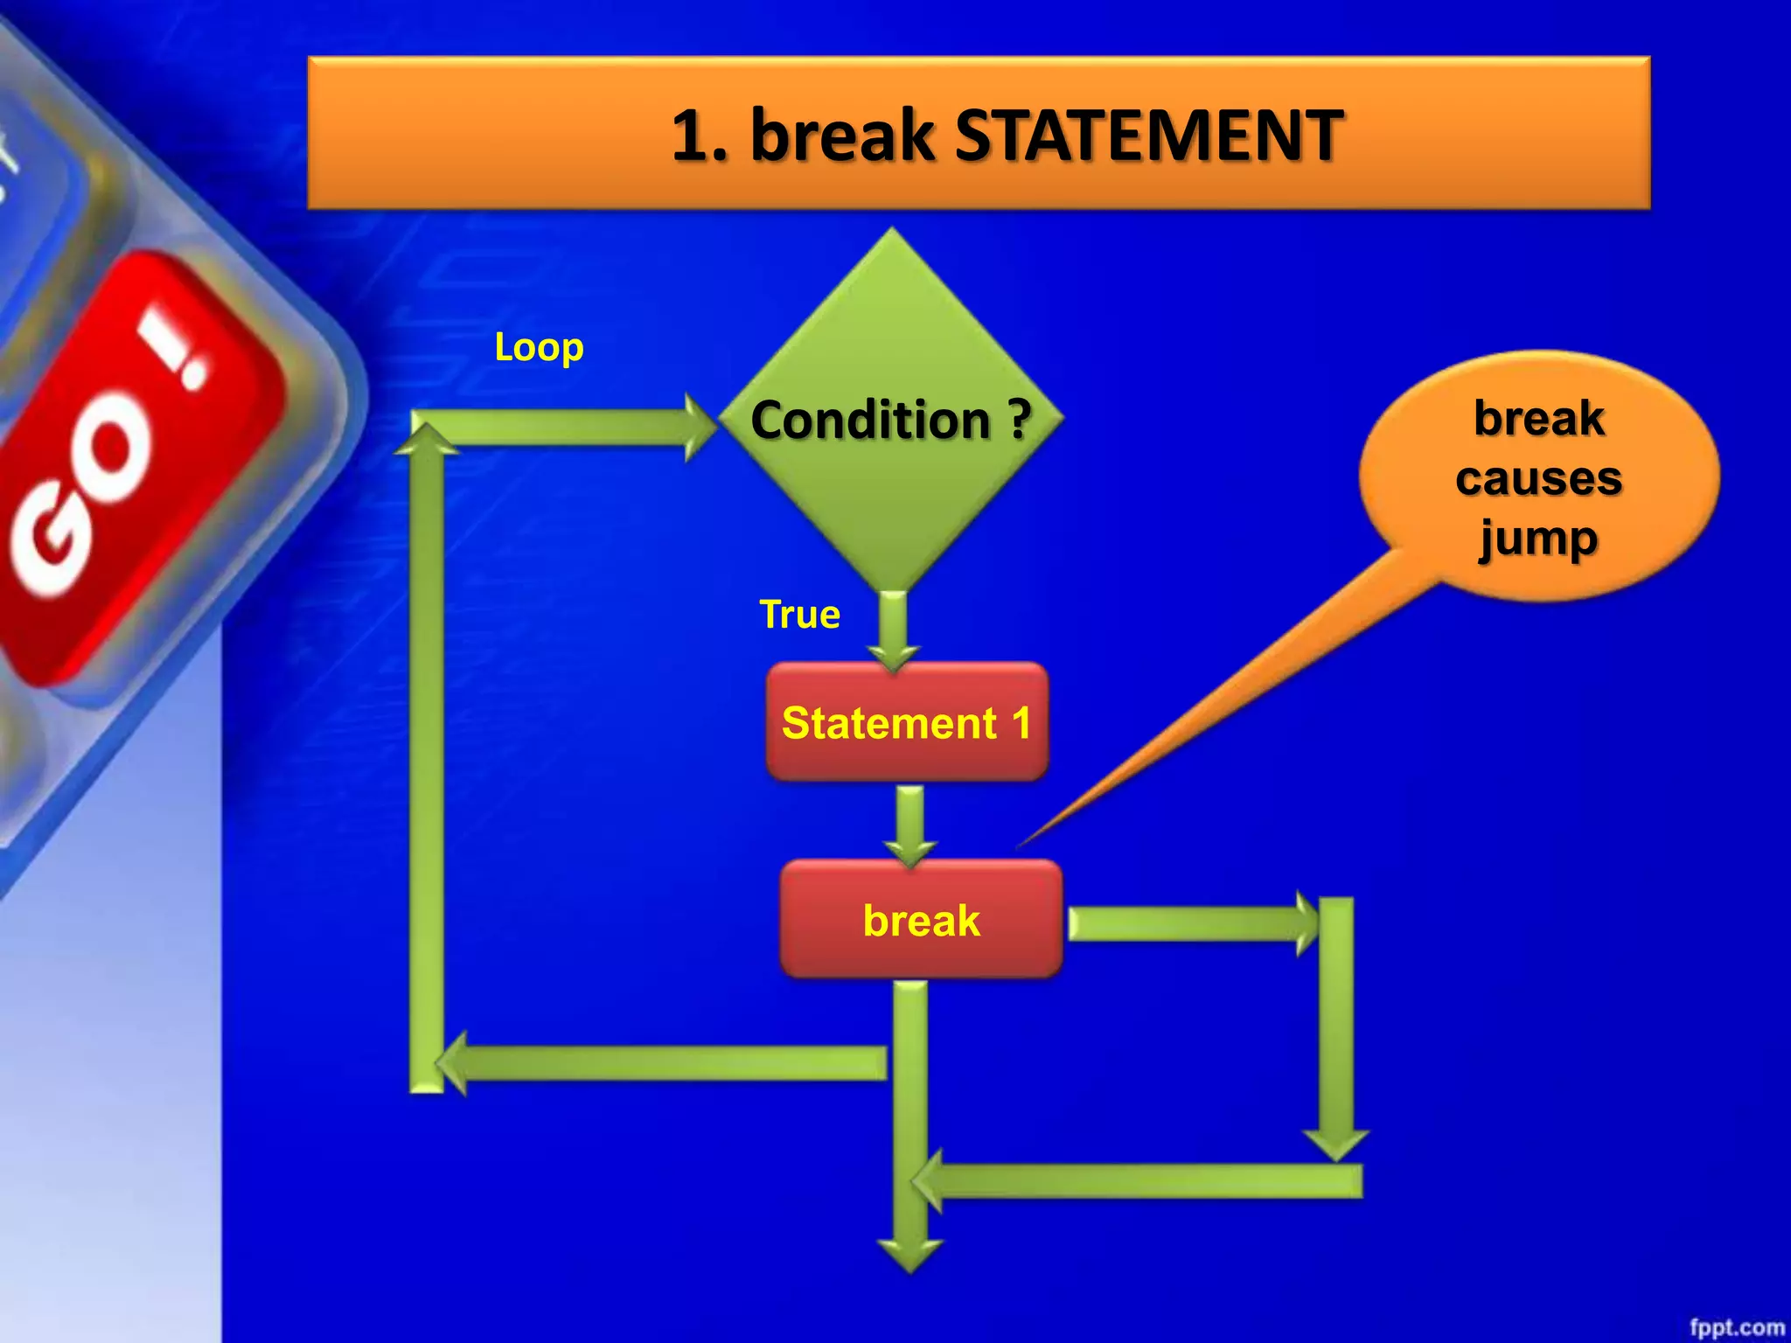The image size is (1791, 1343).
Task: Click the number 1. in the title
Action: tap(700, 136)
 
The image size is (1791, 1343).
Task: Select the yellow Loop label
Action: tap(539, 347)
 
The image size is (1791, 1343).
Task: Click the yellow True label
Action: tap(799, 615)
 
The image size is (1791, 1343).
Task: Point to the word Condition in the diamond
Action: tap(869, 420)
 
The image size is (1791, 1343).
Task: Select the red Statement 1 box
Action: tap(906, 722)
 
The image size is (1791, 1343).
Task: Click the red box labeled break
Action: tap(921, 919)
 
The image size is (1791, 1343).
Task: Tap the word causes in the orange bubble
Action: tap(1538, 478)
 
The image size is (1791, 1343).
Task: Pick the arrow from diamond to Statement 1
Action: tap(893, 630)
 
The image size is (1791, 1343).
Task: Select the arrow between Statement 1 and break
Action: tap(910, 824)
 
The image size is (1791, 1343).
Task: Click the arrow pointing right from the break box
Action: tap(1189, 923)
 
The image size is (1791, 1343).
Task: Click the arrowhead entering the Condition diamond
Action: tap(700, 427)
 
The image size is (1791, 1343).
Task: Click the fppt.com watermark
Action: tap(1736, 1327)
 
